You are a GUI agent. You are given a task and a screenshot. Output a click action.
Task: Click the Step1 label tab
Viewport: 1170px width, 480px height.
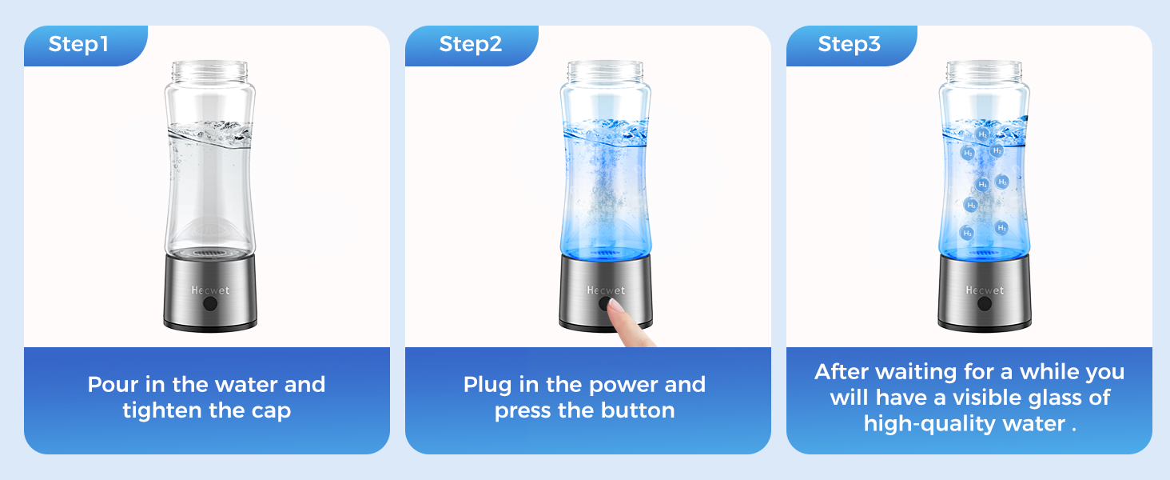click(x=78, y=44)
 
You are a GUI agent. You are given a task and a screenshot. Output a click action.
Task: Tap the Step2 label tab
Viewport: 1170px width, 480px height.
click(x=471, y=44)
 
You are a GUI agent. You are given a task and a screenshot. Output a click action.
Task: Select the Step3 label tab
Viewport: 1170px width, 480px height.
click(x=849, y=44)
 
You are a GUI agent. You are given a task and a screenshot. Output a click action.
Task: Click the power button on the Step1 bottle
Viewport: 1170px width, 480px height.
click(x=210, y=304)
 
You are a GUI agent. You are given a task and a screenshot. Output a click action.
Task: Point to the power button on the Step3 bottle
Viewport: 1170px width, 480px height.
click(x=985, y=304)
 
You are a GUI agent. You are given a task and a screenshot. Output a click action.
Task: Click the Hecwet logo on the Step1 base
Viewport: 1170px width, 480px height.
click(x=210, y=290)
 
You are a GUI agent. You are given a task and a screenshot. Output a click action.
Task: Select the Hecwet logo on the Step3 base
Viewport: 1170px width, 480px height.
click(x=985, y=290)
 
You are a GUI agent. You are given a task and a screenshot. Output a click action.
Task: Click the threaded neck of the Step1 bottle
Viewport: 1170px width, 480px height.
click(x=210, y=70)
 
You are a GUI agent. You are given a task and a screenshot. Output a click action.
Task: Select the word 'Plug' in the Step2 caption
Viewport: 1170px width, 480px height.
click(x=488, y=385)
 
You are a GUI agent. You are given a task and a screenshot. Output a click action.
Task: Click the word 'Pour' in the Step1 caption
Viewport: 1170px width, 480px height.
click(x=111, y=385)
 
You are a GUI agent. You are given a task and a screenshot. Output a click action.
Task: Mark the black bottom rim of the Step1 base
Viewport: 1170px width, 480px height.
click(x=210, y=326)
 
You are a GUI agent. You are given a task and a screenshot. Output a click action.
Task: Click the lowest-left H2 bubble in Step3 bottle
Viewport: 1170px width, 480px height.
click(x=967, y=233)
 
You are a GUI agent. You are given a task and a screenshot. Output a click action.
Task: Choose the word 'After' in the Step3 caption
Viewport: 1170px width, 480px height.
click(x=842, y=372)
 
